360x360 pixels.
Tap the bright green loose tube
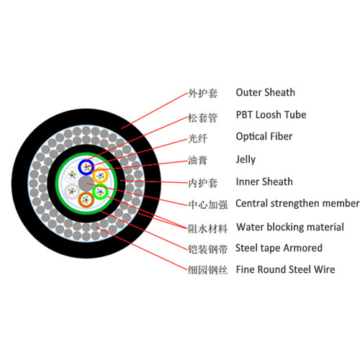(x=100, y=191)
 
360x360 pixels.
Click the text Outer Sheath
(x=265, y=92)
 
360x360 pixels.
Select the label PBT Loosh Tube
(x=271, y=114)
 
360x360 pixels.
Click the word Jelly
(x=246, y=159)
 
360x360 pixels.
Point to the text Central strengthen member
(x=297, y=203)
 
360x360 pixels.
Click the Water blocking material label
(x=289, y=227)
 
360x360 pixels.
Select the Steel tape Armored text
(x=279, y=248)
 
